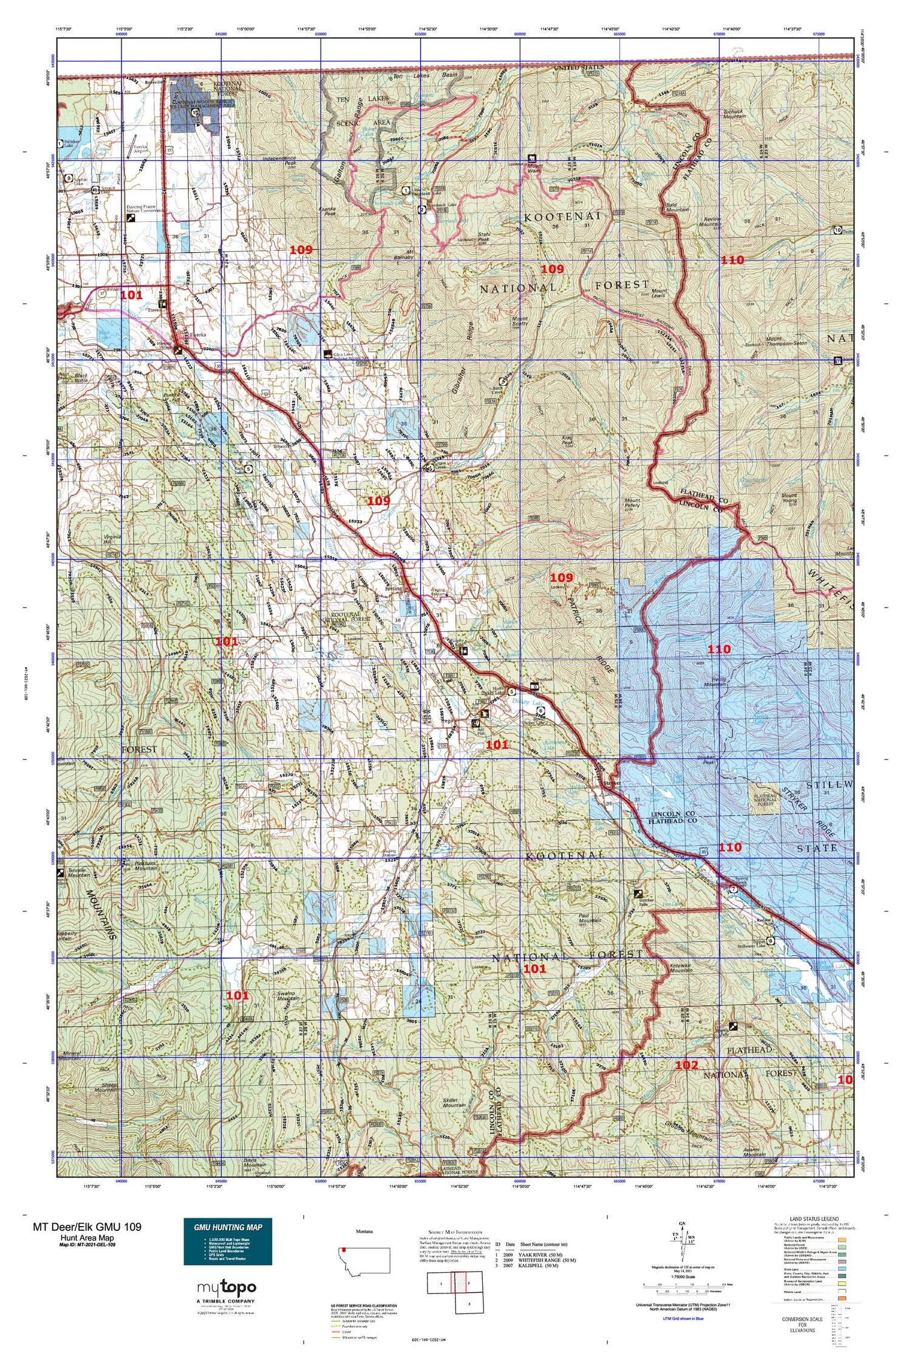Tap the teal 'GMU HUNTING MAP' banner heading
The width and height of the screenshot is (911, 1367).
228,1227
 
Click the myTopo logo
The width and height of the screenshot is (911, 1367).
227,1287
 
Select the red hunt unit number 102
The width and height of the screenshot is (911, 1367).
686,1065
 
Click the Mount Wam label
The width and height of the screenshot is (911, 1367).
535,168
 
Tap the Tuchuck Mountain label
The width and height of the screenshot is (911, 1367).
734,113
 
